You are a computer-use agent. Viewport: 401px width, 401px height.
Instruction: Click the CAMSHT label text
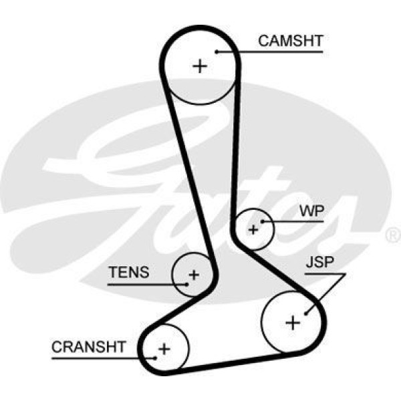click(x=290, y=41)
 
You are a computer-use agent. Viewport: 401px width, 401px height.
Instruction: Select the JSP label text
click(x=319, y=263)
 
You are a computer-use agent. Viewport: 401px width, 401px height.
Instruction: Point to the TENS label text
click(x=130, y=273)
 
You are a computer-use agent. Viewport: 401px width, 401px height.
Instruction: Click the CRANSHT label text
click(x=88, y=347)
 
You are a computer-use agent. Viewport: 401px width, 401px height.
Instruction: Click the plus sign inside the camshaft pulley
click(x=200, y=65)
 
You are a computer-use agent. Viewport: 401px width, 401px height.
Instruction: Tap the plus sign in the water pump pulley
click(x=253, y=229)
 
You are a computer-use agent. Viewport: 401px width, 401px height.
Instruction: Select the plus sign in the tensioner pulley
click(x=193, y=274)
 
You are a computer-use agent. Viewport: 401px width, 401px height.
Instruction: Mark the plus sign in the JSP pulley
click(x=293, y=322)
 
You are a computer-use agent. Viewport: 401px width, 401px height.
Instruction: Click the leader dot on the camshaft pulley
click(x=218, y=51)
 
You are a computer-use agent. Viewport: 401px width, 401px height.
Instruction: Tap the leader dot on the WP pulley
click(x=264, y=221)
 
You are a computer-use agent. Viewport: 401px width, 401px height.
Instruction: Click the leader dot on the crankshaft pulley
click(x=155, y=358)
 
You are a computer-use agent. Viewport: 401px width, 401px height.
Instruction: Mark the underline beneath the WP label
click(x=294, y=221)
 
